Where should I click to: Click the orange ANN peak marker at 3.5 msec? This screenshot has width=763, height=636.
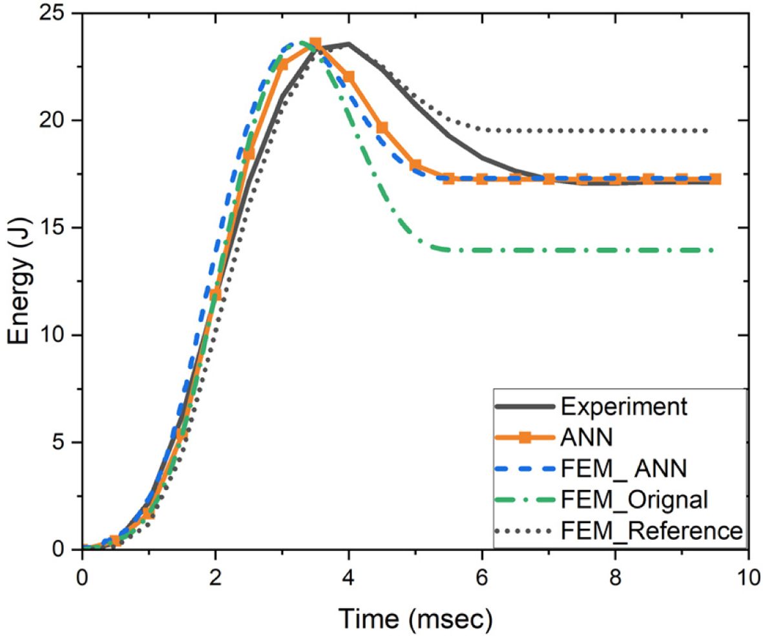(315, 44)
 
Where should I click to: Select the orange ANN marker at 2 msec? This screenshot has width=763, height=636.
(215, 294)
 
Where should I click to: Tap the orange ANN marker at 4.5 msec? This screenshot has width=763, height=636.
(382, 128)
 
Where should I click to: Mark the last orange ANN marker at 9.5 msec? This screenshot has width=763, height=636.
(715, 179)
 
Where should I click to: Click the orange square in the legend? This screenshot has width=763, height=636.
(525, 438)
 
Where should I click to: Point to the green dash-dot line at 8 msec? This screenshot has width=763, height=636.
(615, 250)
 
